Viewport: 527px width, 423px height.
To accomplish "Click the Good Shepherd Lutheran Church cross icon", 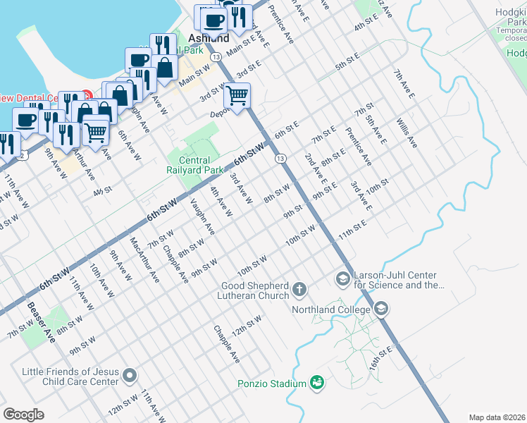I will pos(299,289).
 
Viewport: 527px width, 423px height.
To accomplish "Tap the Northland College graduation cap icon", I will pos(381,309).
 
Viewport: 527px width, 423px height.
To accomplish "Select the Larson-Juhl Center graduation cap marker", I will pos(343,280).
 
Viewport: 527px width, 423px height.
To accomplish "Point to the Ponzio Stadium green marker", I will pos(318,383).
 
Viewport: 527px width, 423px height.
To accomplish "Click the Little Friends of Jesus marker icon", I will pos(129,376).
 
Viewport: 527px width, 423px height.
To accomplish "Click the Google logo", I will pos(23,415).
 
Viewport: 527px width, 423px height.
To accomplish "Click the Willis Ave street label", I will pos(407,133).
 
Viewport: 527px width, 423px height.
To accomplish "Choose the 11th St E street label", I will pos(352,230).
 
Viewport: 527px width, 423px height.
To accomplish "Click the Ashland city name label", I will pos(209,38).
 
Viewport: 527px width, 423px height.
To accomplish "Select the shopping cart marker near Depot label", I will pos(237,94).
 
